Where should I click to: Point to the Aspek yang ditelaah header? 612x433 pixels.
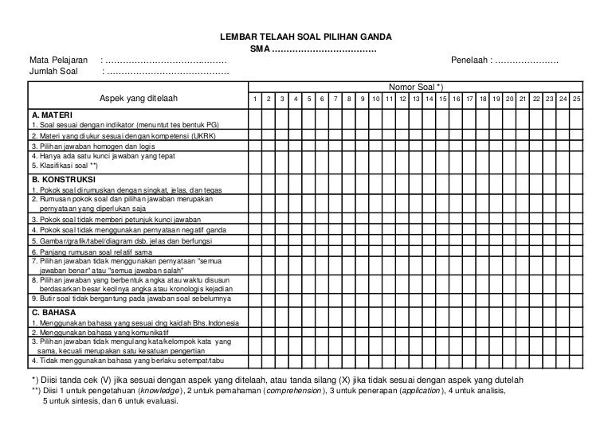(x=137, y=99)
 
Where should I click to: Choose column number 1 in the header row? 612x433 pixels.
(x=254, y=99)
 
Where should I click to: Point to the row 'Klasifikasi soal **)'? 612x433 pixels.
(x=64, y=166)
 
